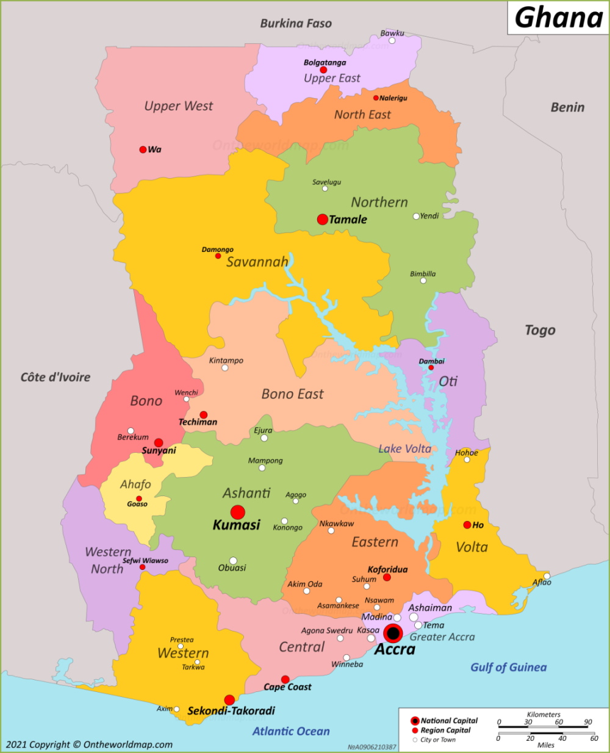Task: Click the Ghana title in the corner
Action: (558, 18)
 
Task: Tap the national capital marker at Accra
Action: (393, 633)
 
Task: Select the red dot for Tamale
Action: (322, 219)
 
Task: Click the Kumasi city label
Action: (236, 525)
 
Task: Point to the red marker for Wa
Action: (143, 150)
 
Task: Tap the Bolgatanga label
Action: (325, 62)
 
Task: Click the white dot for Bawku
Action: (392, 41)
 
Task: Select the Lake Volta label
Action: (404, 449)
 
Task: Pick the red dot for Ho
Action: (467, 525)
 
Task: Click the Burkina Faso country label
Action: (296, 23)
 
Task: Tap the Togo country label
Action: (540, 330)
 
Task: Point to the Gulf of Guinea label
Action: (508, 667)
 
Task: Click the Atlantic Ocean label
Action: (291, 731)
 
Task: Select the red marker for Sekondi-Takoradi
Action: (229, 700)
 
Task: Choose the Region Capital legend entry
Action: (445, 730)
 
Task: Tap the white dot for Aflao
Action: (547, 576)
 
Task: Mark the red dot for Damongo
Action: (218, 256)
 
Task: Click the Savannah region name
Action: (257, 262)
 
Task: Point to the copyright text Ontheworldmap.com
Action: (89, 744)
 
